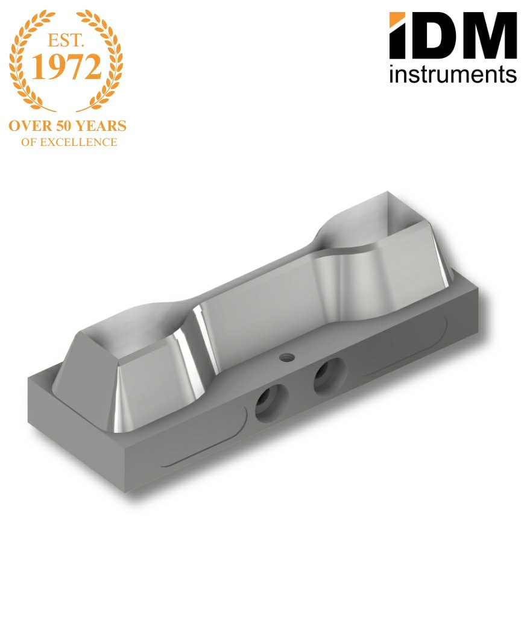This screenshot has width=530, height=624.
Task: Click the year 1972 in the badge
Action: [x=66, y=66]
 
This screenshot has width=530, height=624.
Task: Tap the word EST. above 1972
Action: [x=66, y=40]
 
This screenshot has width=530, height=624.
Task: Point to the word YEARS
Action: [x=101, y=126]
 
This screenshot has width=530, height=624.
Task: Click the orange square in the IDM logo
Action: [x=397, y=19]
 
